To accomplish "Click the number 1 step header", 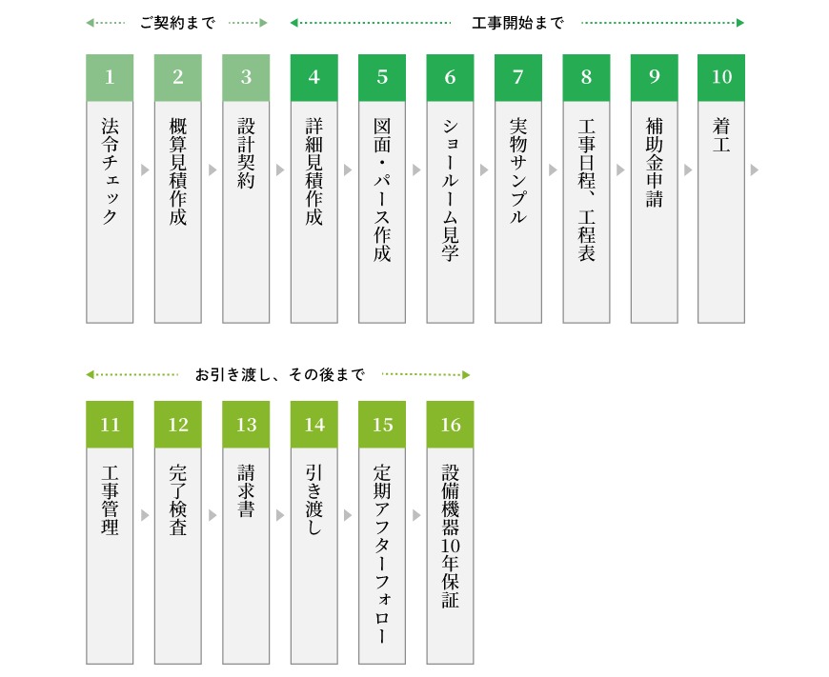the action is pos(110,77).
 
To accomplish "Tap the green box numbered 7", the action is pos(518,77).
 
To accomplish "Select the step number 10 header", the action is pos(721,77).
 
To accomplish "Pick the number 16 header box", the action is pos(450,425).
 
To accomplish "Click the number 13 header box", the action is pos(246,425).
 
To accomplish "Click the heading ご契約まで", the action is pos(177,23).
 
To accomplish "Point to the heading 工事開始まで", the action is pos(517,23).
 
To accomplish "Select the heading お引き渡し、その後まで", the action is pos(280,375).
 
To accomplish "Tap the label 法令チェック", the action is pos(110,170).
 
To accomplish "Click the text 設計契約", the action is pos(246,153).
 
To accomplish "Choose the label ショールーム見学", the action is pos(450,189).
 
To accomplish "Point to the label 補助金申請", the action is pos(654,162).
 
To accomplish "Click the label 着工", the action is pos(721,135).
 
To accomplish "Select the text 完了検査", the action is pos(177,500).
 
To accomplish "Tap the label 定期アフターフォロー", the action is pos(382,554).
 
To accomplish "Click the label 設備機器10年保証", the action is pos(450,536).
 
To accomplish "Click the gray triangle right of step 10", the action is pos(755,170).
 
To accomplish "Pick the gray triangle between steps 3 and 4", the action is pos(280,170).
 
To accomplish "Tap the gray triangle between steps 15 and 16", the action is pos(416,515).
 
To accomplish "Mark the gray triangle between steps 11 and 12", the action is pos(145,515).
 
